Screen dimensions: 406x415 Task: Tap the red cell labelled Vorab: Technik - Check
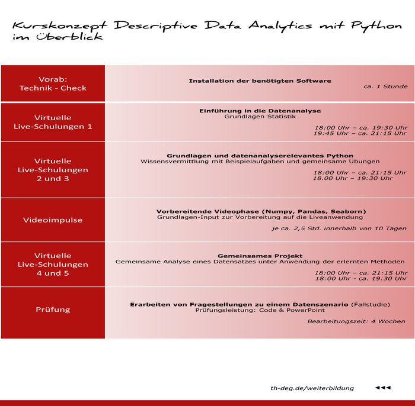point(53,83)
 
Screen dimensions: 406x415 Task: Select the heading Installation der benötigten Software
point(260,80)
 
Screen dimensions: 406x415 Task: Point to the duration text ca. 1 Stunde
point(385,86)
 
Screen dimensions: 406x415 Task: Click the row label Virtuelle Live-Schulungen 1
point(53,122)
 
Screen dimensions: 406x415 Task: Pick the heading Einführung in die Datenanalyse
point(260,111)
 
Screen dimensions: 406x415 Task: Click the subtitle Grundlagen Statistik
point(260,117)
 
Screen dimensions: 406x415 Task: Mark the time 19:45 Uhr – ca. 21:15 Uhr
point(360,133)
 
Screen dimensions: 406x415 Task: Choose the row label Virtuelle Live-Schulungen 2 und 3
point(53,169)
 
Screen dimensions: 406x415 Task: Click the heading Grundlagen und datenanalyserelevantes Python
point(260,156)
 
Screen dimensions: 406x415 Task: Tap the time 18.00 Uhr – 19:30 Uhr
point(352,178)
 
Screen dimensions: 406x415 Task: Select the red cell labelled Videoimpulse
point(53,220)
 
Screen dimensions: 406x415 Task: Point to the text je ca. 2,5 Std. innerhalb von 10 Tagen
point(339,228)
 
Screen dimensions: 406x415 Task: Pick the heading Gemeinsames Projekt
point(260,256)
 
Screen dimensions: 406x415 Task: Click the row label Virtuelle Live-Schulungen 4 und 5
point(53,265)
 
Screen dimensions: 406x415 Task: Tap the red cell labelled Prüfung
point(53,310)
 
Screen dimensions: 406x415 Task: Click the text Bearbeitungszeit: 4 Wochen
point(356,321)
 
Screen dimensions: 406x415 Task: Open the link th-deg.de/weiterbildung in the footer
point(312,388)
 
